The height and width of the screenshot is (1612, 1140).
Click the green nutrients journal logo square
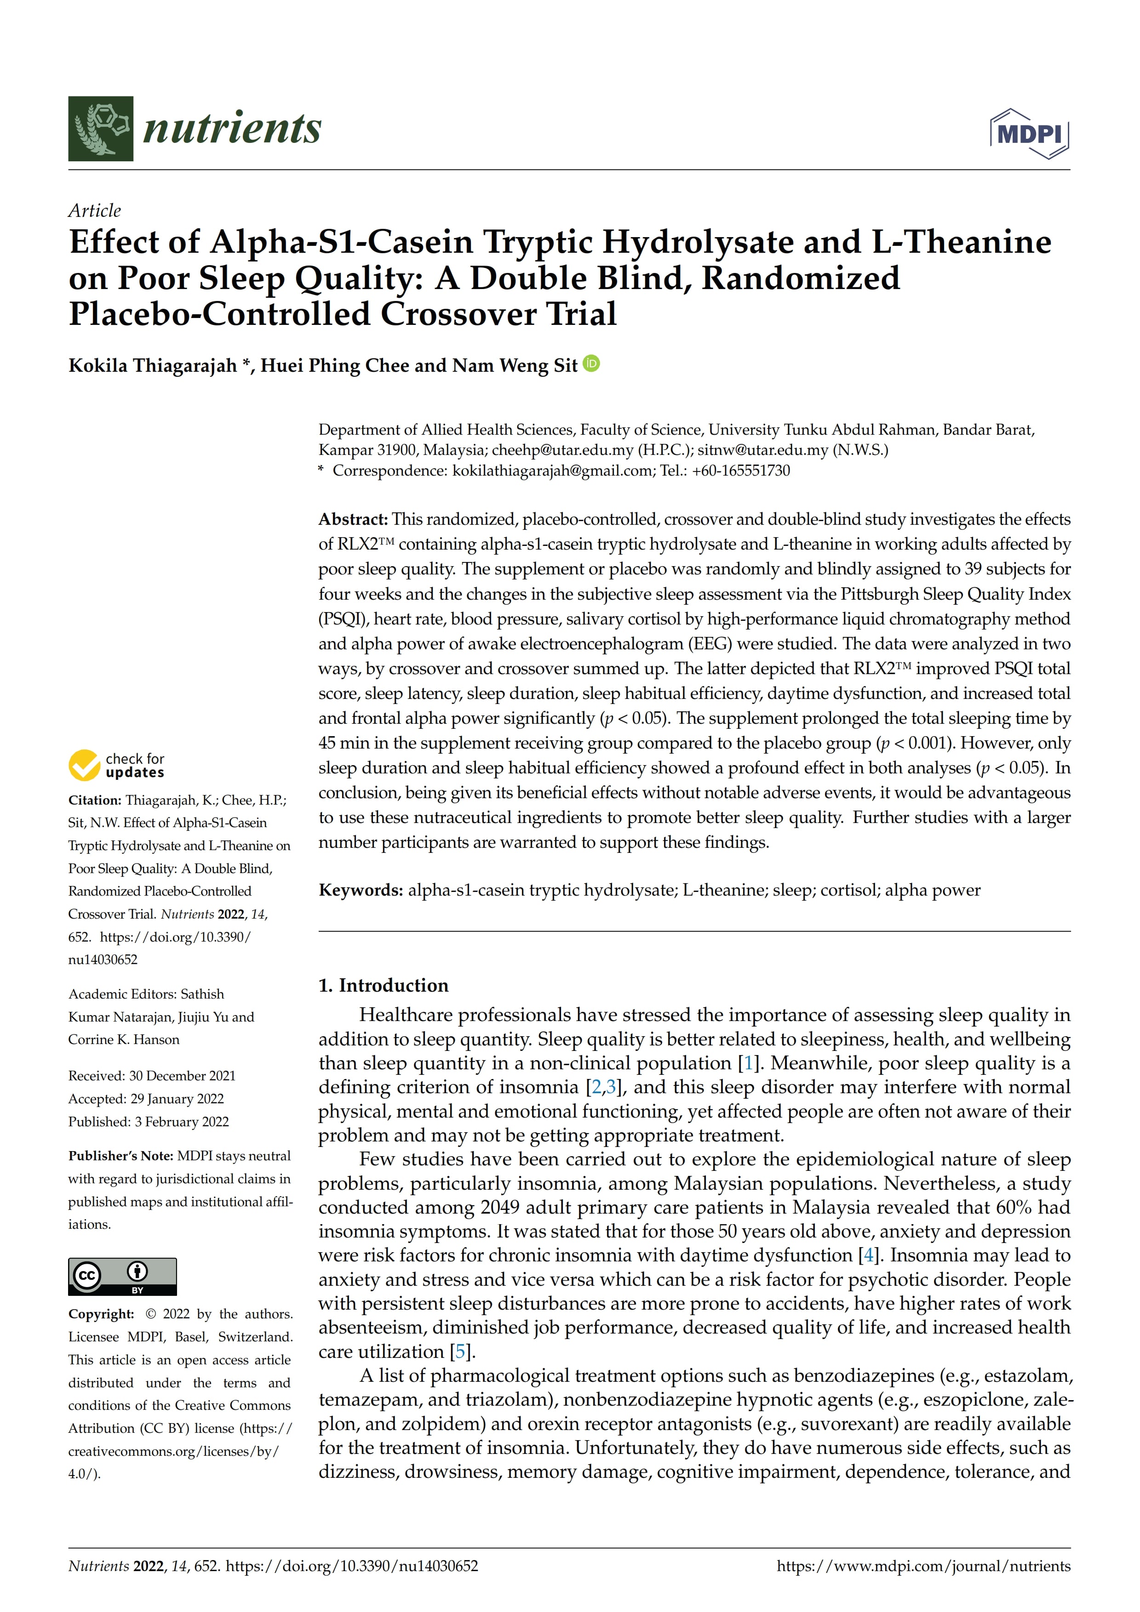pos(100,129)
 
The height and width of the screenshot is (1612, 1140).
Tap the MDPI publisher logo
pos(1029,133)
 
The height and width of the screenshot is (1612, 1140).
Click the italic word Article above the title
pos(94,210)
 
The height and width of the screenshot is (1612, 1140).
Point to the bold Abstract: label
pos(353,520)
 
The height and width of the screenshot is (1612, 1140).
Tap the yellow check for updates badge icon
pos(84,765)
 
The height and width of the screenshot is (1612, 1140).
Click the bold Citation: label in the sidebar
pos(95,800)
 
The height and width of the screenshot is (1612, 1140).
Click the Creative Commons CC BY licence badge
pos(122,1277)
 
